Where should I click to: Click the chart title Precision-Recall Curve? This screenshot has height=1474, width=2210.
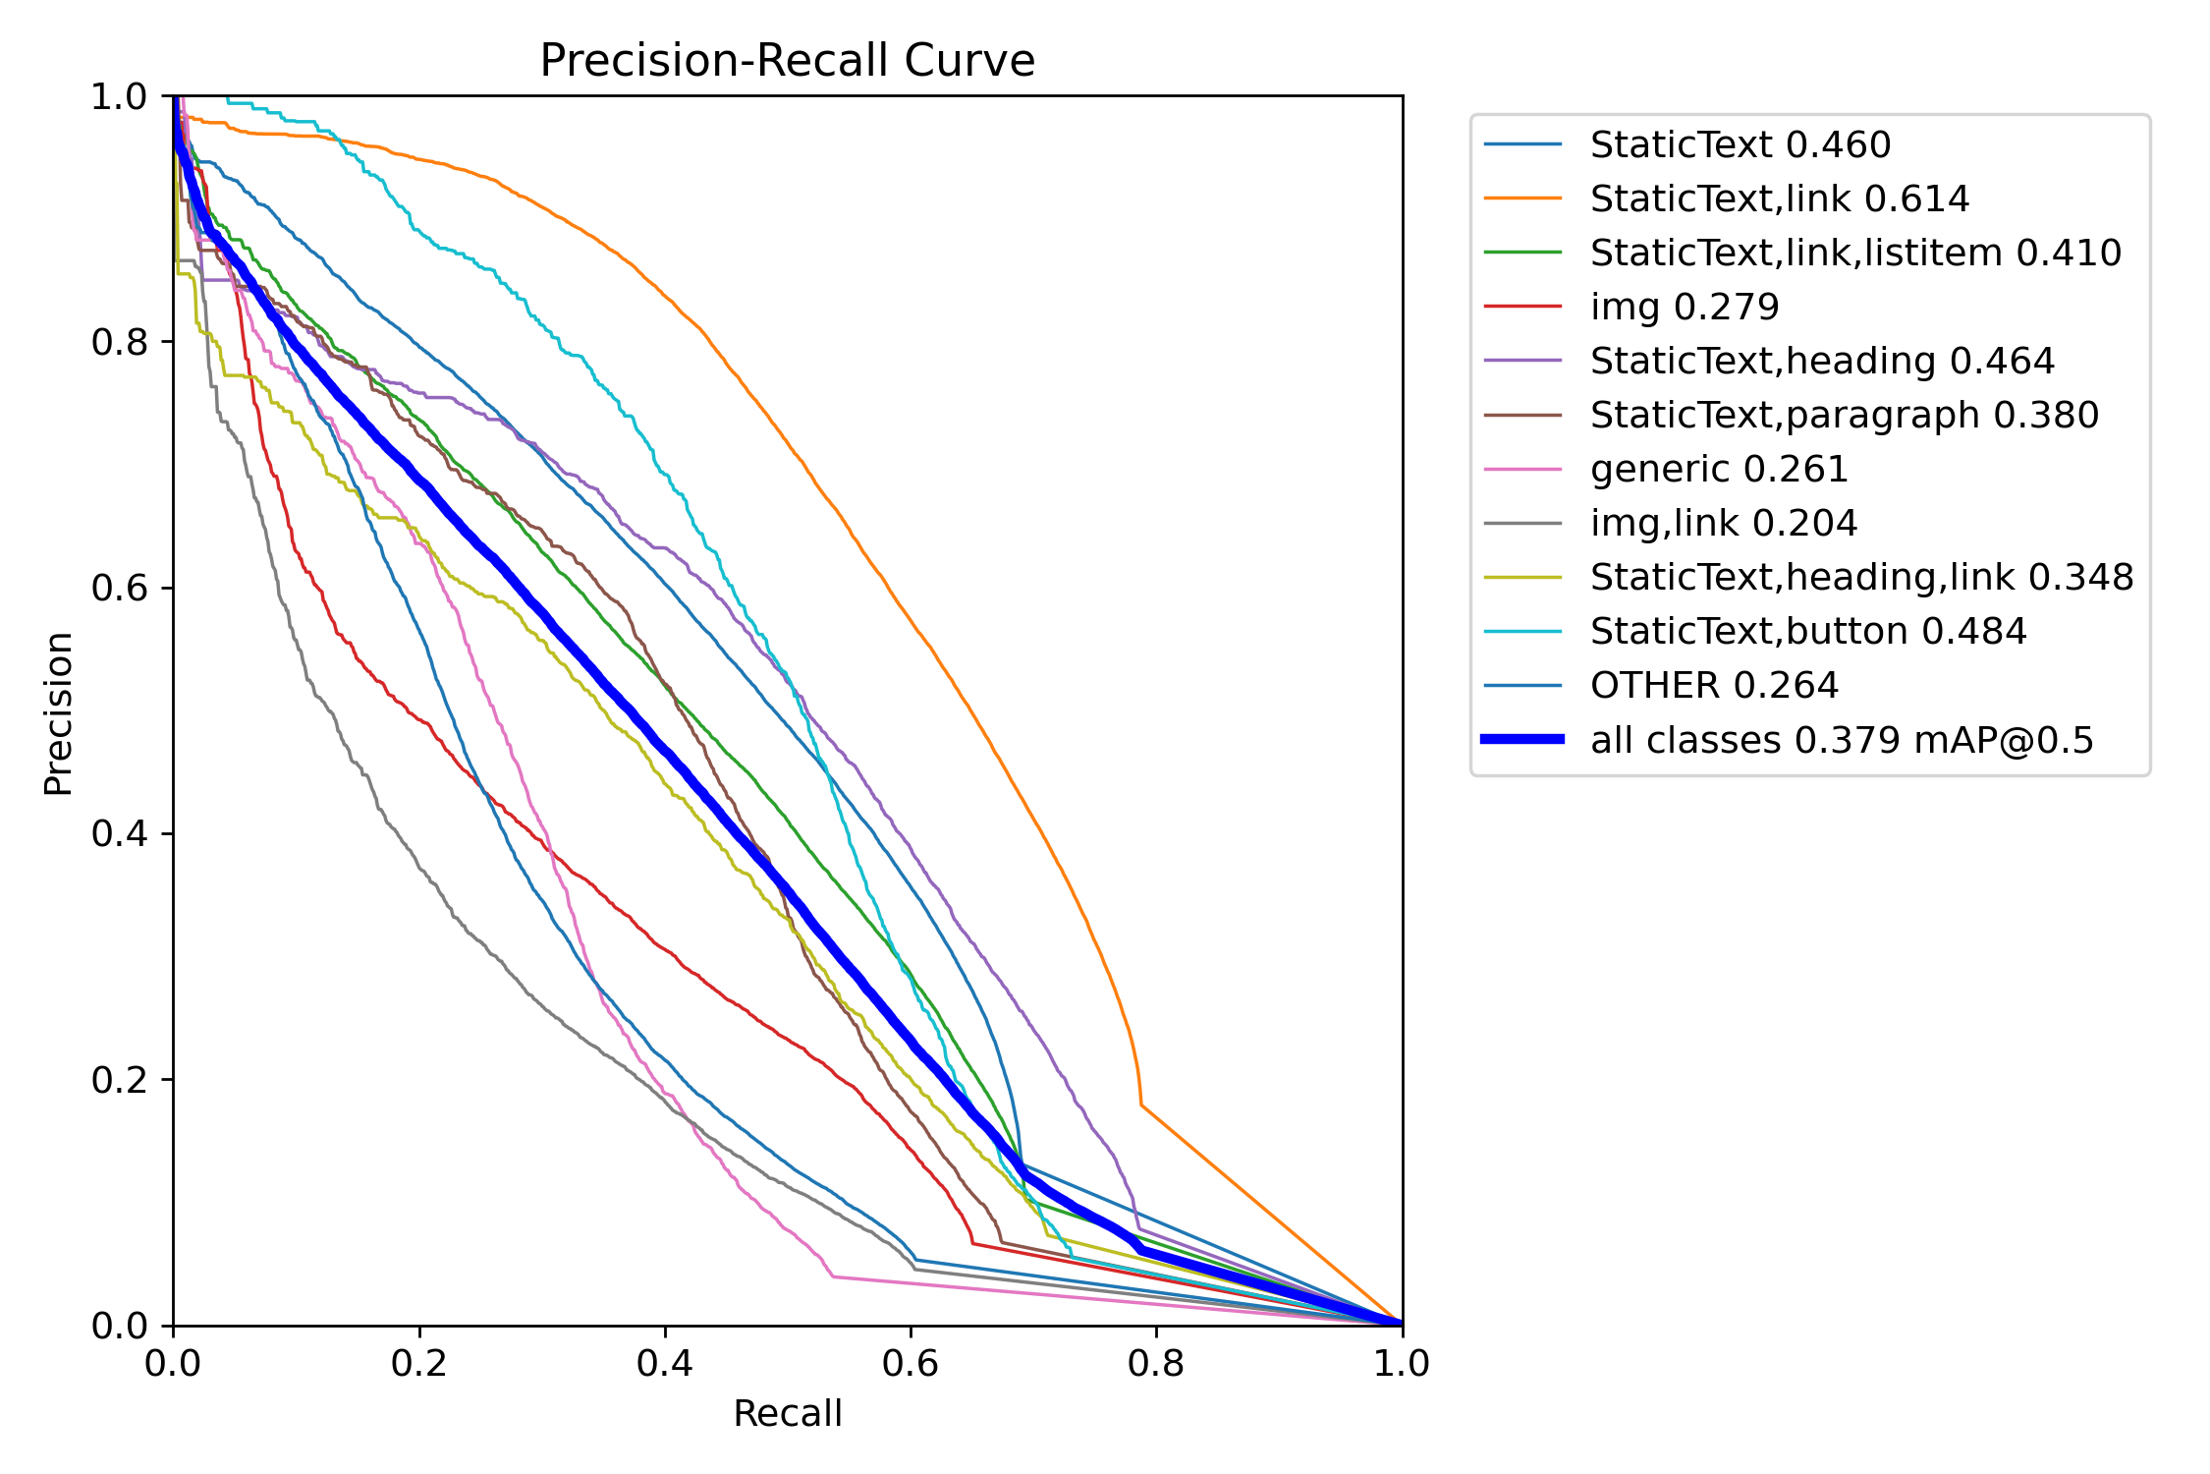point(787,61)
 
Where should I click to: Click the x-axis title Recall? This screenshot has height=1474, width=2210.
point(787,1413)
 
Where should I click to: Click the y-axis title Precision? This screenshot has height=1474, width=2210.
point(59,712)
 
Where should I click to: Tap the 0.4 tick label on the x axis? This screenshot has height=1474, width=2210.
point(665,1363)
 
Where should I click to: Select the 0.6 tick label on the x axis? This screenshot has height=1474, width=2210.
point(911,1363)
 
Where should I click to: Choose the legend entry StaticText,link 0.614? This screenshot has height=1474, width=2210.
point(1779,198)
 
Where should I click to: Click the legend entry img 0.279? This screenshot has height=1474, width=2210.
point(1685,307)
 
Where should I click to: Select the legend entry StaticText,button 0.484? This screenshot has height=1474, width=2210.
point(1807,631)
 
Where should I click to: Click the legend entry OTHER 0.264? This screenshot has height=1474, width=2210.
point(1714,685)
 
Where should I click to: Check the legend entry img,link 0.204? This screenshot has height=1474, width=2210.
point(1724,523)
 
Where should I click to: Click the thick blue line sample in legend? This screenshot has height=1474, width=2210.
point(1522,739)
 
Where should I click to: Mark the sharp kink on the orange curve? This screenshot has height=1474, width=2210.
point(1141,1105)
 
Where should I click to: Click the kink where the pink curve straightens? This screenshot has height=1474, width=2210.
point(833,1276)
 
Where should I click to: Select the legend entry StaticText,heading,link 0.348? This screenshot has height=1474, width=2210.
point(1861,577)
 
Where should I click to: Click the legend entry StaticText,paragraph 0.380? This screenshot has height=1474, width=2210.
point(1844,415)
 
